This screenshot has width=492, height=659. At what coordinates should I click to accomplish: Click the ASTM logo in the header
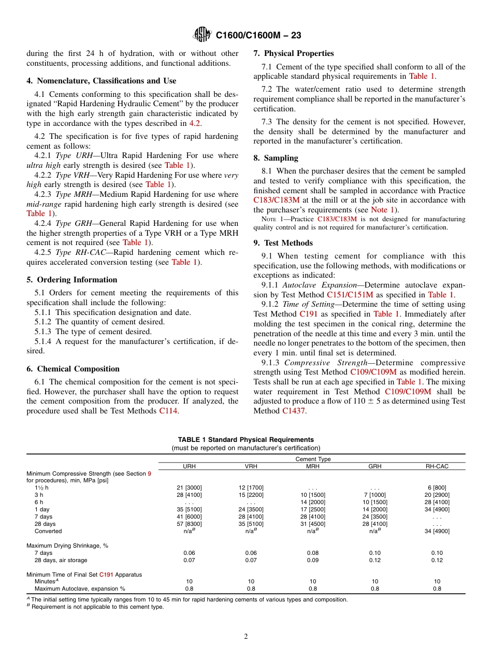pyautogui.click(x=202, y=35)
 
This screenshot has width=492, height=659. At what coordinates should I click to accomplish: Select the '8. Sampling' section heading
pyautogui.click(x=276, y=158)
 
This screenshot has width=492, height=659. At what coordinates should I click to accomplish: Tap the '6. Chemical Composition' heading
pyautogui.click(x=73, y=369)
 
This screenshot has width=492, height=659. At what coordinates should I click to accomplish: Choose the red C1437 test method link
pyautogui.click(x=294, y=411)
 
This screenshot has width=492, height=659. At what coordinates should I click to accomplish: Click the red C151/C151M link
pyautogui.click(x=350, y=295)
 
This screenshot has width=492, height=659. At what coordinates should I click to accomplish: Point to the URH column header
pyautogui.click(x=190, y=466)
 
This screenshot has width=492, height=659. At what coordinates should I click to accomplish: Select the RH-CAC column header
pyautogui.click(x=437, y=466)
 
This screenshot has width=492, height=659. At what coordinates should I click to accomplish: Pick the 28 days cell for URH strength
pyautogui.click(x=190, y=524)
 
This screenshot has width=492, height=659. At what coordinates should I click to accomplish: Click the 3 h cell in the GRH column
pyautogui.click(x=375, y=495)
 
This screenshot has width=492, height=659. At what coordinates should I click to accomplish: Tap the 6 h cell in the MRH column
pyautogui.click(x=313, y=502)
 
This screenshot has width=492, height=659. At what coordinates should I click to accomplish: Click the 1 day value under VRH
pyautogui.click(x=251, y=509)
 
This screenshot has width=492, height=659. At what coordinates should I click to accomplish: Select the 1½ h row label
pyautogui.click(x=41, y=488)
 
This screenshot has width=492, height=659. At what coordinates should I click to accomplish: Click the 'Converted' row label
pyautogui.click(x=48, y=531)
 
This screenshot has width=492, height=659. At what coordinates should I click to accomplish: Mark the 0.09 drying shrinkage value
pyautogui.click(x=313, y=560)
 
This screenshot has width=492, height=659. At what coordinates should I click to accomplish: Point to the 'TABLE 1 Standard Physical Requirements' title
pyautogui.click(x=245, y=439)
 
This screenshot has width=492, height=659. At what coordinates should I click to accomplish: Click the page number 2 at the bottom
pyautogui.click(x=246, y=637)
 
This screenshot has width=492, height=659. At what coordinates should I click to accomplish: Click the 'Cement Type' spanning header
pyautogui.click(x=313, y=459)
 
